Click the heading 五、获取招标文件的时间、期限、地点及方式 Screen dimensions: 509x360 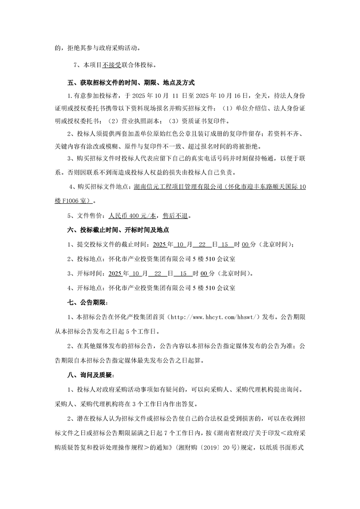click(131, 83)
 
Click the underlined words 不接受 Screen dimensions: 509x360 click(112, 65)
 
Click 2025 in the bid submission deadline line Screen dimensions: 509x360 click(161, 245)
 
